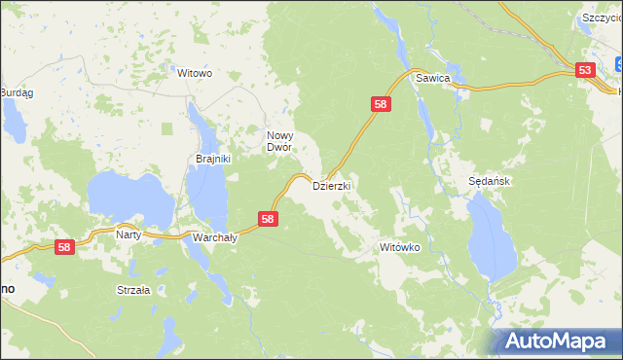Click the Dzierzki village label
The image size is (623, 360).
point(331,184)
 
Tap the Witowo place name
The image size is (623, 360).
point(194,73)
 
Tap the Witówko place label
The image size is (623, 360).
point(399,248)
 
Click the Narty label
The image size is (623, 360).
point(128,234)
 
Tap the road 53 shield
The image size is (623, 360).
point(585,70)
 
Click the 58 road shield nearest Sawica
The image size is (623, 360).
point(381,104)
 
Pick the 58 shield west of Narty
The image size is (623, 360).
point(64,249)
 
